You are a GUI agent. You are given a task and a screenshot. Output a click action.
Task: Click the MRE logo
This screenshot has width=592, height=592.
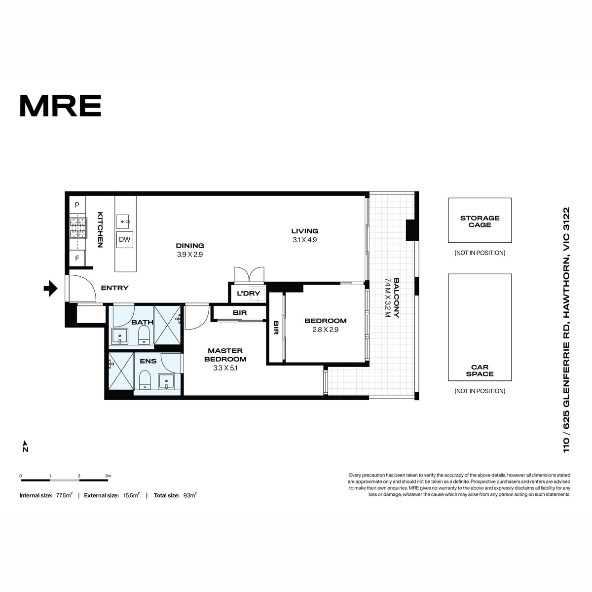click(61, 106)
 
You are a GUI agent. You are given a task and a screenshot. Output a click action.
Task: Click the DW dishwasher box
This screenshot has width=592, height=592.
click(124, 240)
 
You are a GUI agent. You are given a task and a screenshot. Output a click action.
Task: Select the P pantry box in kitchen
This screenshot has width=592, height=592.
click(77, 205)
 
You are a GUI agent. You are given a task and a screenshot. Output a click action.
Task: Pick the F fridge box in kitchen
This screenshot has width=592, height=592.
click(77, 258)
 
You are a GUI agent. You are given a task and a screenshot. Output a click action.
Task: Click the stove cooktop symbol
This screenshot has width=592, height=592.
click(78, 228)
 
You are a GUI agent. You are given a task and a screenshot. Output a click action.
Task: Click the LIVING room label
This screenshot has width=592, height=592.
click(304, 231)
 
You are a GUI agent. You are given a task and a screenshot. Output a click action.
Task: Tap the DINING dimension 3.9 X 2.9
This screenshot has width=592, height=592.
click(189, 255)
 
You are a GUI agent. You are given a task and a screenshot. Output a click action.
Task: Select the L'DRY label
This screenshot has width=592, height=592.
click(248, 294)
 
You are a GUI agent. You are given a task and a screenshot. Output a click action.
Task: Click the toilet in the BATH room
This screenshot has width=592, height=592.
click(144, 335)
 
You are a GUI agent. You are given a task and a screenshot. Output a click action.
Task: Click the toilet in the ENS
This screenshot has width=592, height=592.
click(144, 380)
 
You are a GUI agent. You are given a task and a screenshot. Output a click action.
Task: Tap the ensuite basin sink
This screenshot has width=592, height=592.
click(166, 381)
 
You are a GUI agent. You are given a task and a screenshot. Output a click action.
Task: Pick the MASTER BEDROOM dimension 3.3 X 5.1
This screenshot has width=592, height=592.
click(225, 368)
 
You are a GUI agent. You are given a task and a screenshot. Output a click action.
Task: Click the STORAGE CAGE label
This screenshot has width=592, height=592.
click(480, 222)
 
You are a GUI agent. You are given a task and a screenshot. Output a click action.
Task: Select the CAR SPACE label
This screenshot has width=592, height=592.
click(480, 370)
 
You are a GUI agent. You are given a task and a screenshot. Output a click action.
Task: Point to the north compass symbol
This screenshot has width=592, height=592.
click(25, 446)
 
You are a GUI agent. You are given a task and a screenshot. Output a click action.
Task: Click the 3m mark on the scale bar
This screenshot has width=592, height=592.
click(108, 476)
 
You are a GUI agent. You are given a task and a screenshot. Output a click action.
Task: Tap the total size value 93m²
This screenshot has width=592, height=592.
click(189, 495)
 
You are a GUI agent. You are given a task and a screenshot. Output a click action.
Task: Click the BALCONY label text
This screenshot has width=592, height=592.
click(396, 298)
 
